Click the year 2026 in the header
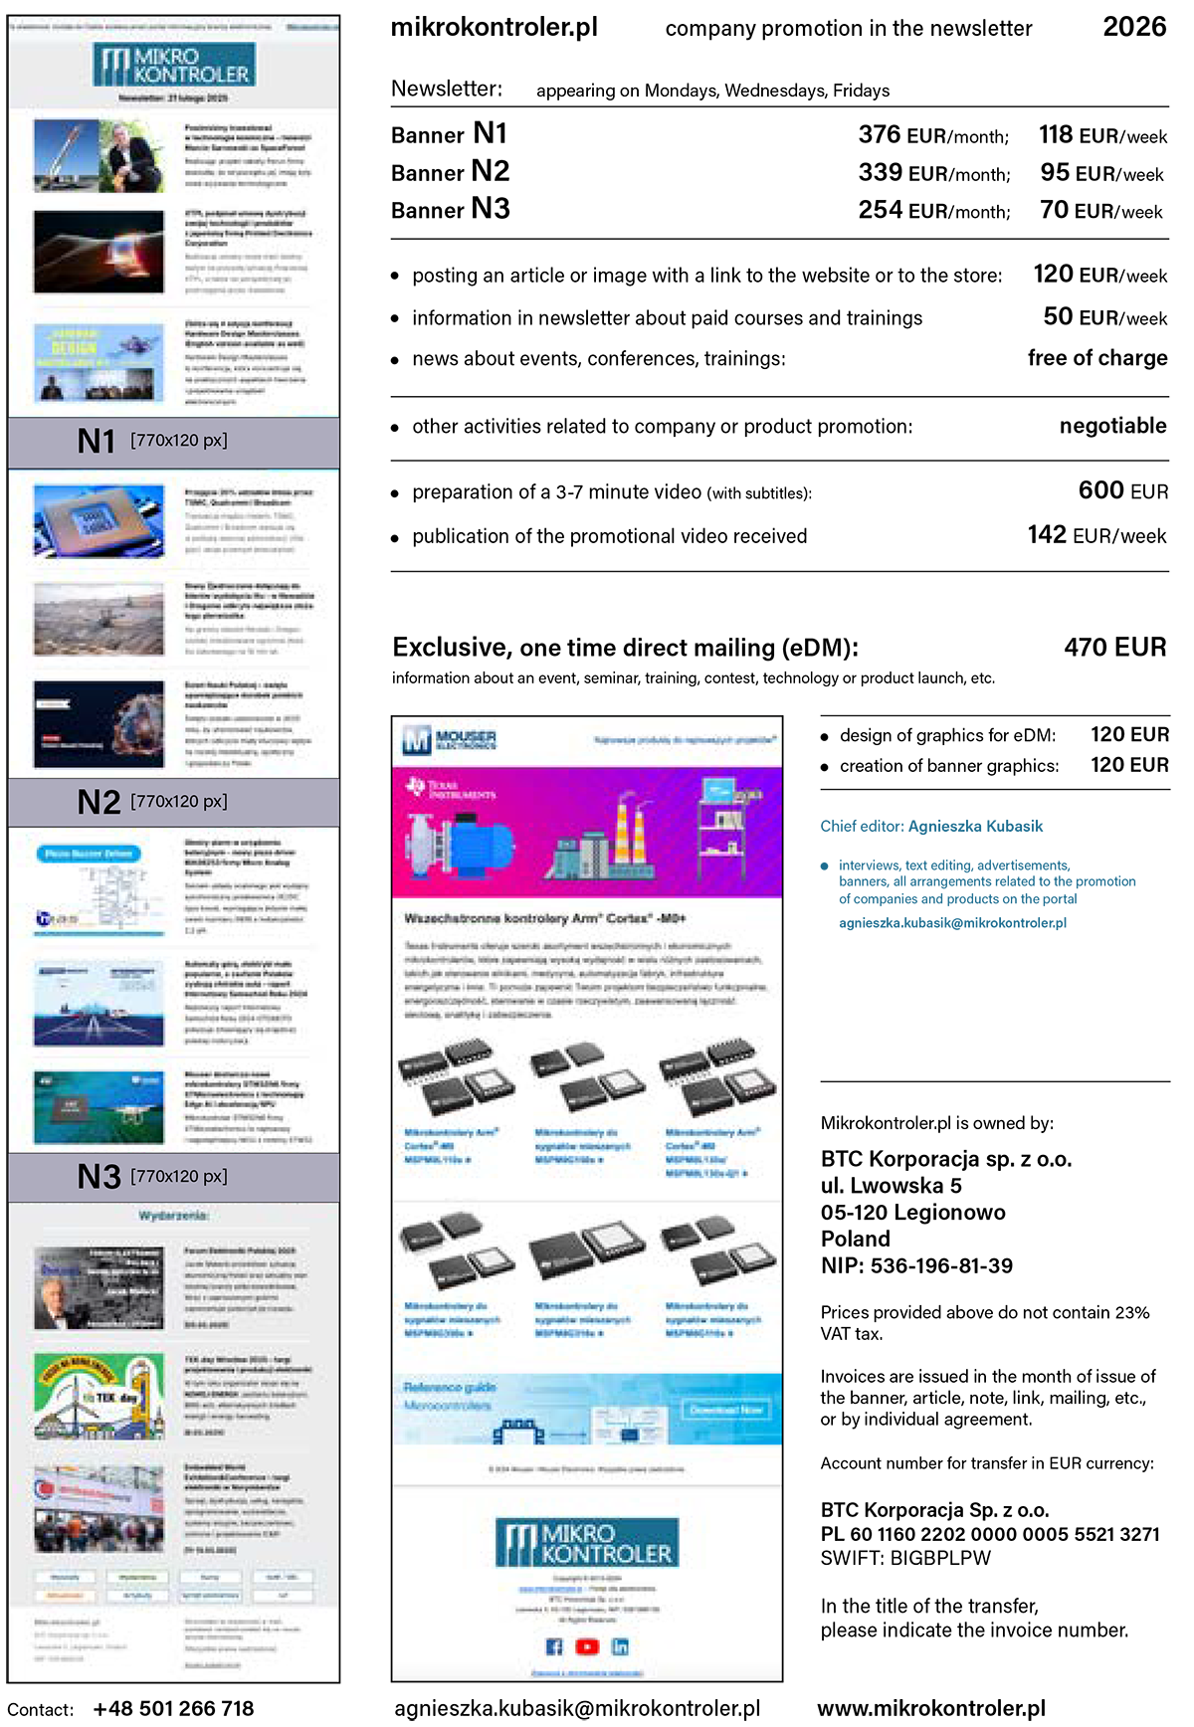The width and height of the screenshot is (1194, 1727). (1134, 27)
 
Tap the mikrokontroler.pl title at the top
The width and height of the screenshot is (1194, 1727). (495, 28)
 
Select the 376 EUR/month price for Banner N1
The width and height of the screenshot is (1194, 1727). (932, 135)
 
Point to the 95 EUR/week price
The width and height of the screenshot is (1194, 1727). (1101, 173)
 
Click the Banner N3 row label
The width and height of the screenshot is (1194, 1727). (450, 210)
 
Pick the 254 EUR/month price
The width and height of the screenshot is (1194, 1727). (933, 211)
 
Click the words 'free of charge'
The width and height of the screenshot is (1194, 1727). (1096, 358)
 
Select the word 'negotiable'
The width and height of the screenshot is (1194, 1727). (1112, 426)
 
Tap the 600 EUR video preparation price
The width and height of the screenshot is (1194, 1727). (1122, 490)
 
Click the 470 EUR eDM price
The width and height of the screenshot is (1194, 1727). (1114, 648)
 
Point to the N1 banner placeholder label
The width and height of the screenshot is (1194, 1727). (152, 441)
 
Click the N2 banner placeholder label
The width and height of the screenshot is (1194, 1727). (152, 802)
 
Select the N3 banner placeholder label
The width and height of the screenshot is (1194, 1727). (152, 1177)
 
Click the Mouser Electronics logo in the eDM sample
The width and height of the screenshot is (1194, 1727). (449, 740)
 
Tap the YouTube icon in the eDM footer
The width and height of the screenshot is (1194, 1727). (587, 1646)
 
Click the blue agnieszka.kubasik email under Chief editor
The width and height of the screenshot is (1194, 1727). (952, 923)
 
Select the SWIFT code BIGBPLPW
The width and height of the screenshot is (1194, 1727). (940, 1558)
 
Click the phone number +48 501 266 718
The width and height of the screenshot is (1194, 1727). (173, 1708)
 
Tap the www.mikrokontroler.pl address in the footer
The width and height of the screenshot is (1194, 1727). (931, 1708)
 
